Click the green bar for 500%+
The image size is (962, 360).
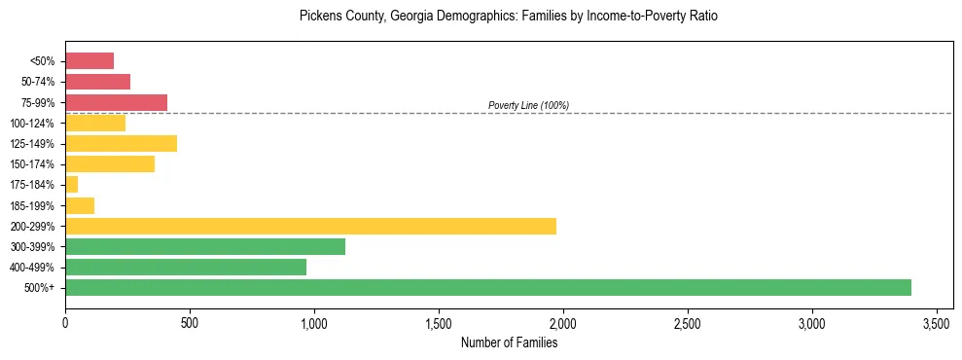(x=488, y=287)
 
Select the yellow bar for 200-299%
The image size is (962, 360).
(x=310, y=226)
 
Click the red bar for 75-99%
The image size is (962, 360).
(x=116, y=102)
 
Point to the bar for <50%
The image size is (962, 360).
(x=89, y=61)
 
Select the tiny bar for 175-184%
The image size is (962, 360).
(x=71, y=184)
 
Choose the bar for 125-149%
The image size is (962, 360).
(x=121, y=143)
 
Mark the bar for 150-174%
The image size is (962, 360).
(x=110, y=163)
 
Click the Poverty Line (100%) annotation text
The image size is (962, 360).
(x=528, y=105)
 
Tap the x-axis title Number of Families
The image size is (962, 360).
(x=509, y=342)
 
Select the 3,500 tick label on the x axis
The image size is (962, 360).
(x=937, y=322)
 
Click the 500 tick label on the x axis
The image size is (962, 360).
(x=190, y=322)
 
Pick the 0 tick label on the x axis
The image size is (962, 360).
(x=65, y=322)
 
